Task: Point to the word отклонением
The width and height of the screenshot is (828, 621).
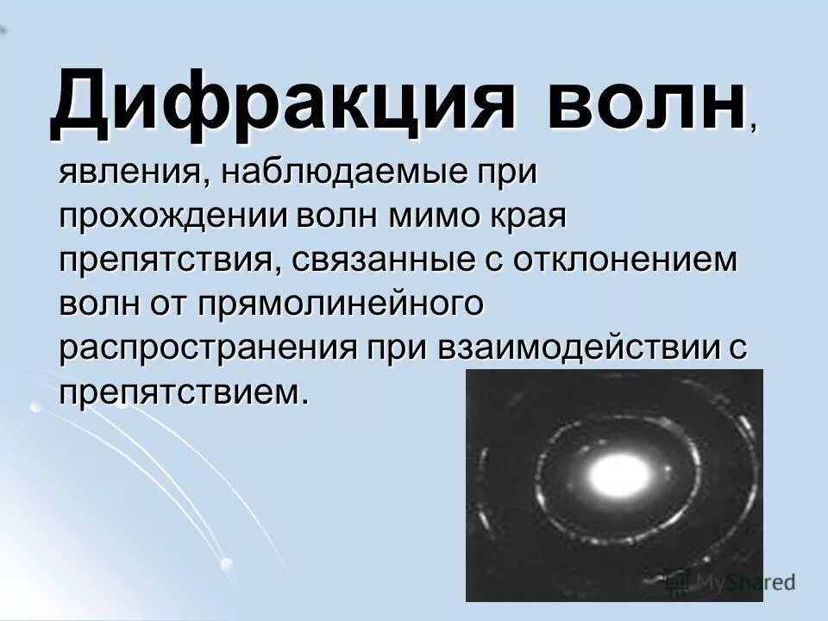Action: click(626, 260)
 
